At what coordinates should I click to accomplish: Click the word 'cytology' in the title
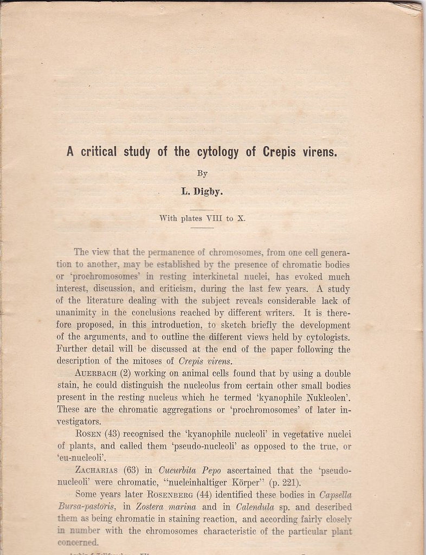click(214, 152)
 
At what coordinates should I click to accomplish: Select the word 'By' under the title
click(202, 173)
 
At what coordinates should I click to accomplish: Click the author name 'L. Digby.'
click(202, 191)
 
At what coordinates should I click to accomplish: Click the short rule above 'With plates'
click(202, 209)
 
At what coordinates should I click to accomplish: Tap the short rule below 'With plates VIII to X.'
click(202, 228)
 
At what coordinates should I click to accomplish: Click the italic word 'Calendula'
click(255, 507)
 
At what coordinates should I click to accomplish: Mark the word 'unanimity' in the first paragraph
click(77, 313)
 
